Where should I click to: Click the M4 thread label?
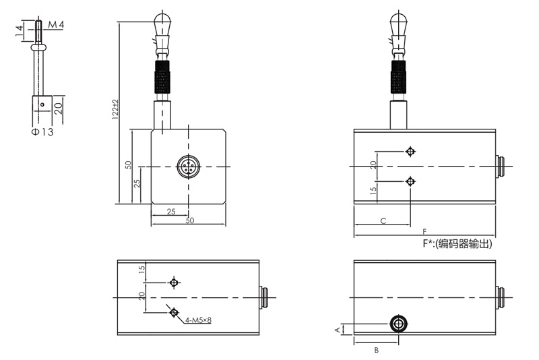click(x=55, y=26)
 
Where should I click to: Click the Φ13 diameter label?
click(x=42, y=131)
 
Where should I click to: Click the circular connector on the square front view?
click(x=188, y=167)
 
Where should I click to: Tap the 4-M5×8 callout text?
click(x=197, y=320)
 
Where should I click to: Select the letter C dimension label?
click(x=382, y=220)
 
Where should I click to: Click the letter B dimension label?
click(x=376, y=350)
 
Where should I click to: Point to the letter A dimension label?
click(x=339, y=329)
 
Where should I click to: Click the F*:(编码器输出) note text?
click(x=457, y=245)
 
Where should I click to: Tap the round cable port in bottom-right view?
click(x=399, y=324)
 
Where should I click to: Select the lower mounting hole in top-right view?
click(x=410, y=181)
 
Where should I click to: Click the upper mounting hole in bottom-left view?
click(x=175, y=282)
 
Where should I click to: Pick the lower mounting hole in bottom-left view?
click(x=175, y=311)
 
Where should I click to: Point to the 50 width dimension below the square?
click(x=189, y=221)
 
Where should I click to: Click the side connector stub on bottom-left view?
click(x=265, y=297)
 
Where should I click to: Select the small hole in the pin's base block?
click(x=41, y=104)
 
